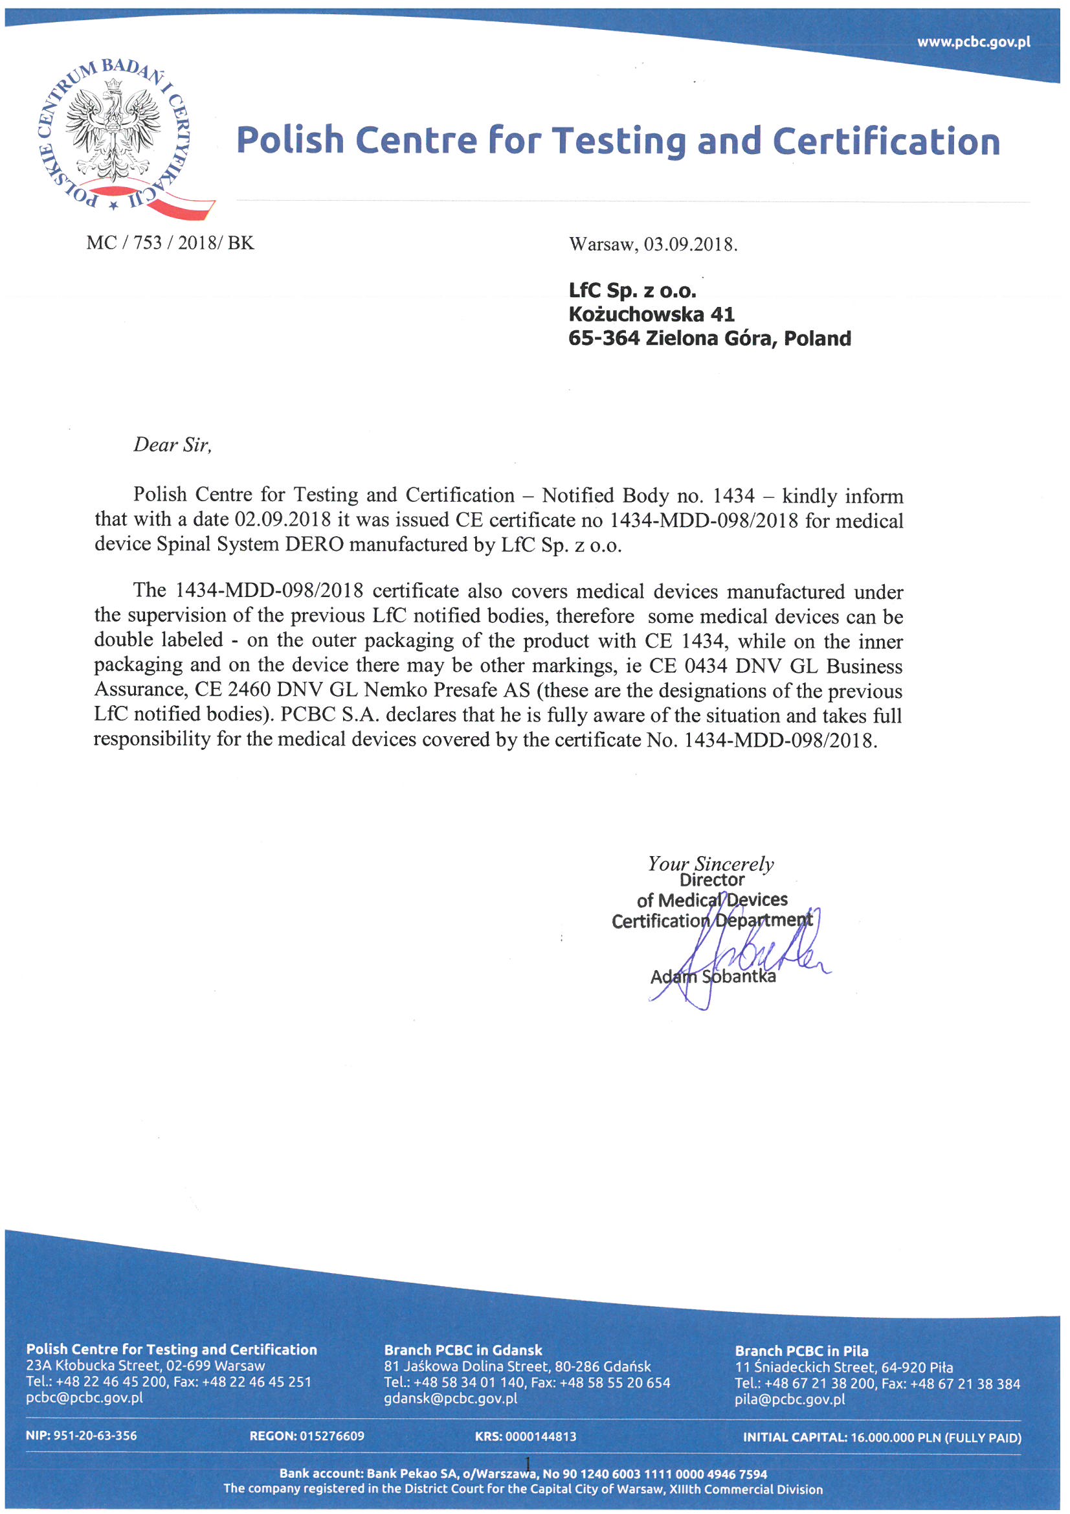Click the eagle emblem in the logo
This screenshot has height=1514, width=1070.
coord(113,132)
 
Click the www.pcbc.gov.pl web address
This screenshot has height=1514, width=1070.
coord(973,42)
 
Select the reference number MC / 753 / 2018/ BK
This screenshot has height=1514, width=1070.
coord(170,243)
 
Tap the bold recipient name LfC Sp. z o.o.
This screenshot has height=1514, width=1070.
coord(632,290)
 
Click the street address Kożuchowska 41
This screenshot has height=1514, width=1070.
coord(651,314)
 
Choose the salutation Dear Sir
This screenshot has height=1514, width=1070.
coord(172,445)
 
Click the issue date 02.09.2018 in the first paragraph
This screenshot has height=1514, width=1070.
coord(283,519)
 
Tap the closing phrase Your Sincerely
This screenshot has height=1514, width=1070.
coord(710,864)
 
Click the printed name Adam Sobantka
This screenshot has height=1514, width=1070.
coord(713,977)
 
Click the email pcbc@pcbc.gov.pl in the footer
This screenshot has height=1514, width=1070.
coord(84,1399)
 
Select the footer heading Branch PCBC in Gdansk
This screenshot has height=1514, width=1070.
coord(463,1350)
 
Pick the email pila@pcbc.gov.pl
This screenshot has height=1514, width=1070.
coord(789,1399)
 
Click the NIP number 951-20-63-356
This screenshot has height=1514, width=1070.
coord(95,1436)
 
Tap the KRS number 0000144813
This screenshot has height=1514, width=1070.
coord(541,1436)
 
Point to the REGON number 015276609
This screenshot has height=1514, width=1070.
coord(331,1436)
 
